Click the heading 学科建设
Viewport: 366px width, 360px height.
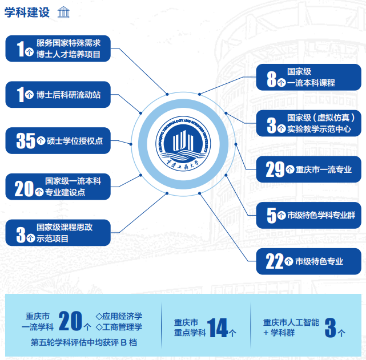tap(27, 13)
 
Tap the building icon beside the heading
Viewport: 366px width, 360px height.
tap(63, 12)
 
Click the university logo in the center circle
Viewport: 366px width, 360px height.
tap(183, 144)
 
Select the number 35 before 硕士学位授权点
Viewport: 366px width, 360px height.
tap(26, 140)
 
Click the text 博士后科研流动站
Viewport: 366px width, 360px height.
tap(69, 95)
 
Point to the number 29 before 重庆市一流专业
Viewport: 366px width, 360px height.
tap(275, 169)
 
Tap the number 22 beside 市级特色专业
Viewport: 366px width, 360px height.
tap(275, 261)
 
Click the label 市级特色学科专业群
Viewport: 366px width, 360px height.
tap(321, 215)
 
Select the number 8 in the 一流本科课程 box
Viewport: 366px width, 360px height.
tap(271, 79)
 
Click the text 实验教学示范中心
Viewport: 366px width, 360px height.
tap(319, 129)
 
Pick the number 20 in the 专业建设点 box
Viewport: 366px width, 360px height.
tap(24, 189)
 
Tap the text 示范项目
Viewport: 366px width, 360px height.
tap(53, 238)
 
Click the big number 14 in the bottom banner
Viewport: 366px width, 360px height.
tap(217, 328)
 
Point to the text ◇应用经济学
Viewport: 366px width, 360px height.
tap(119, 316)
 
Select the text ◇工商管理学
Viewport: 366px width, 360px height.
tap(119, 327)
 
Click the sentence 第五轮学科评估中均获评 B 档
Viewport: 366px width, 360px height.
tap(84, 342)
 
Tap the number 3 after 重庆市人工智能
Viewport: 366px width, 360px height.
tap(330, 328)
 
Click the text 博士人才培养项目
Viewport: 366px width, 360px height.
tap(69, 54)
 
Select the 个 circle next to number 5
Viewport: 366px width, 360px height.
tap(281, 215)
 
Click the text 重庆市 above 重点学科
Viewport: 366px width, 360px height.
tap(186, 322)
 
